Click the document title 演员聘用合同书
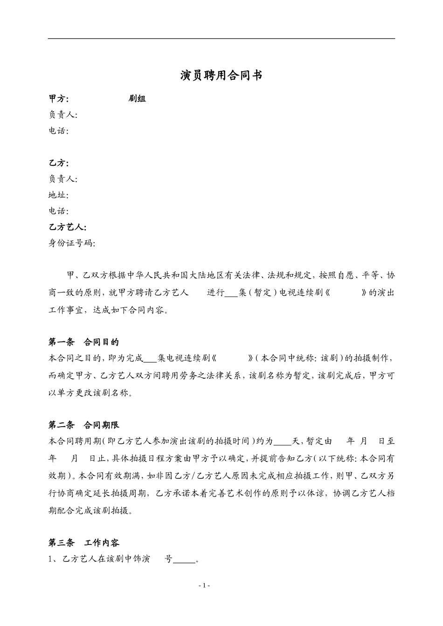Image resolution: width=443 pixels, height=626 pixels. [221, 75]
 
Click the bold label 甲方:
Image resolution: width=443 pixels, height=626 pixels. [59, 99]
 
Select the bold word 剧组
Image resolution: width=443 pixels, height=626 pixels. [137, 99]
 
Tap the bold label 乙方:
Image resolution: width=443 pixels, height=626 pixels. [59, 163]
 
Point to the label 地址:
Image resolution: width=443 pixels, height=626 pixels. [59, 195]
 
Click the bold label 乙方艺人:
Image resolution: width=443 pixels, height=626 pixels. [68, 227]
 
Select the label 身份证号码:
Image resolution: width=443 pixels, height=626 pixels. [72, 243]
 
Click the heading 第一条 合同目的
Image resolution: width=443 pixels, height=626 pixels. [84, 342]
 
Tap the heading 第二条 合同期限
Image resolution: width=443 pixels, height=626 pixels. [84, 425]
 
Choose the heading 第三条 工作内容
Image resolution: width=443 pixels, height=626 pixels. [84, 543]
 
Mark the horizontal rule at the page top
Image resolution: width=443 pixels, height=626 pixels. [221, 39]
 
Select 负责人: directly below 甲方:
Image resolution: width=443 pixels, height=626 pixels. [63, 115]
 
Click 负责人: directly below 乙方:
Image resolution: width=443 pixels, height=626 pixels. [63, 179]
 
